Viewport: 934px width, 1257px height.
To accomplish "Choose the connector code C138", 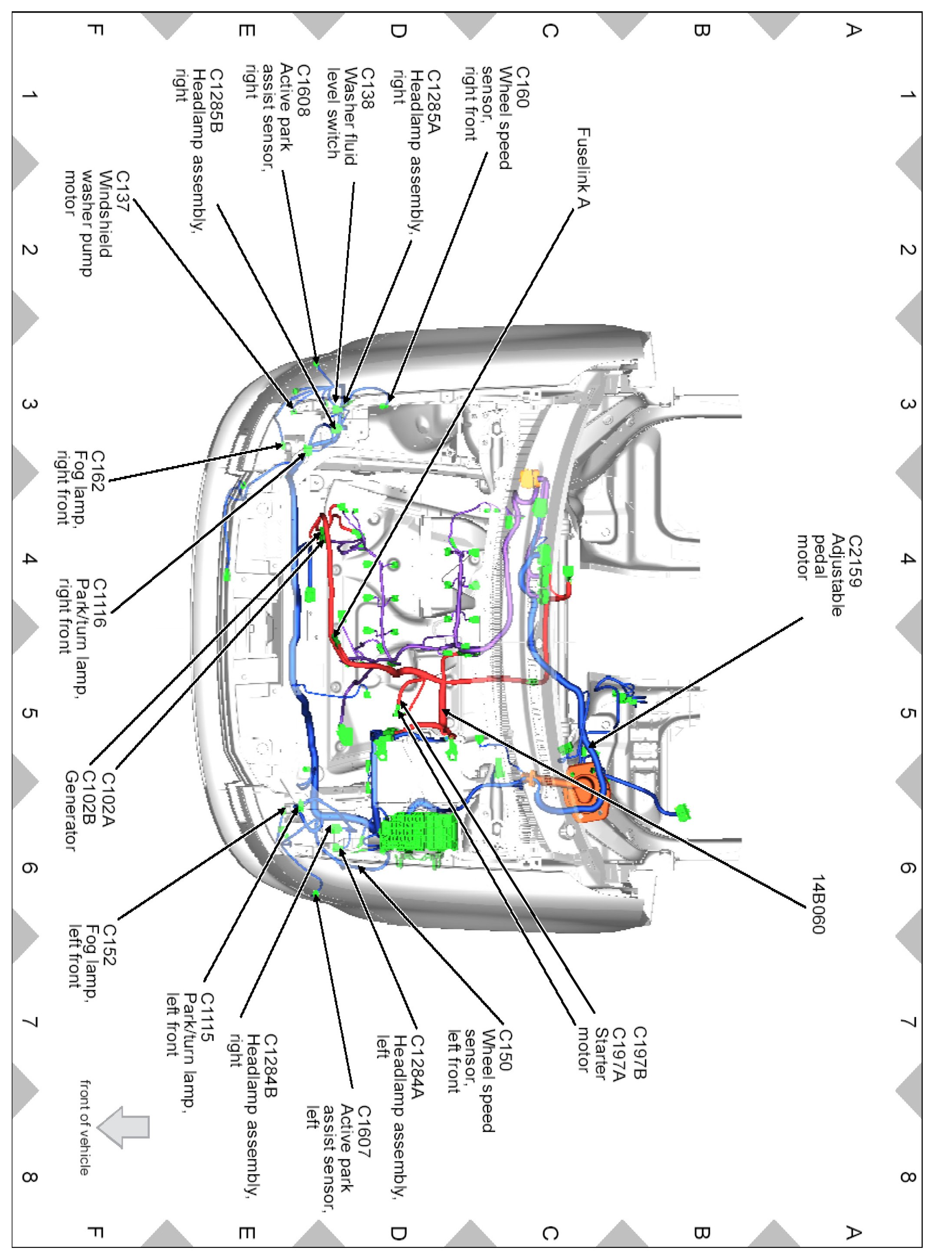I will (x=368, y=89).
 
